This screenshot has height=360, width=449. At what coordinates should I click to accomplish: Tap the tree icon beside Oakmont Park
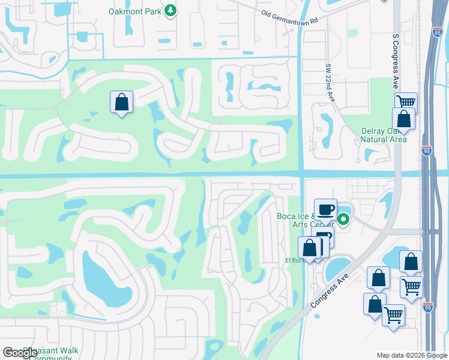tap(171, 11)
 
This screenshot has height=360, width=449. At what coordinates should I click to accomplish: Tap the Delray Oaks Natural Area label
tap(384, 135)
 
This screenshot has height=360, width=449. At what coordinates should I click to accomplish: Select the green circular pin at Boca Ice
tap(343, 220)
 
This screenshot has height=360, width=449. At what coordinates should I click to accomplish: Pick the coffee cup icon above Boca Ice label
tap(325, 209)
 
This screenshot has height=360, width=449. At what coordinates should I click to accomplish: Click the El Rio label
tap(293, 260)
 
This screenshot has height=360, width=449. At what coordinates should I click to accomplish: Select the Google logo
tap(20, 353)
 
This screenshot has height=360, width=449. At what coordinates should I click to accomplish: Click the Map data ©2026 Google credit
tap(411, 355)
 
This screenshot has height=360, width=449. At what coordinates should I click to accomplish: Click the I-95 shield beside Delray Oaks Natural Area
tap(426, 152)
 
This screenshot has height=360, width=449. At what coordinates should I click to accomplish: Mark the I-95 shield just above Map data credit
tap(427, 307)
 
